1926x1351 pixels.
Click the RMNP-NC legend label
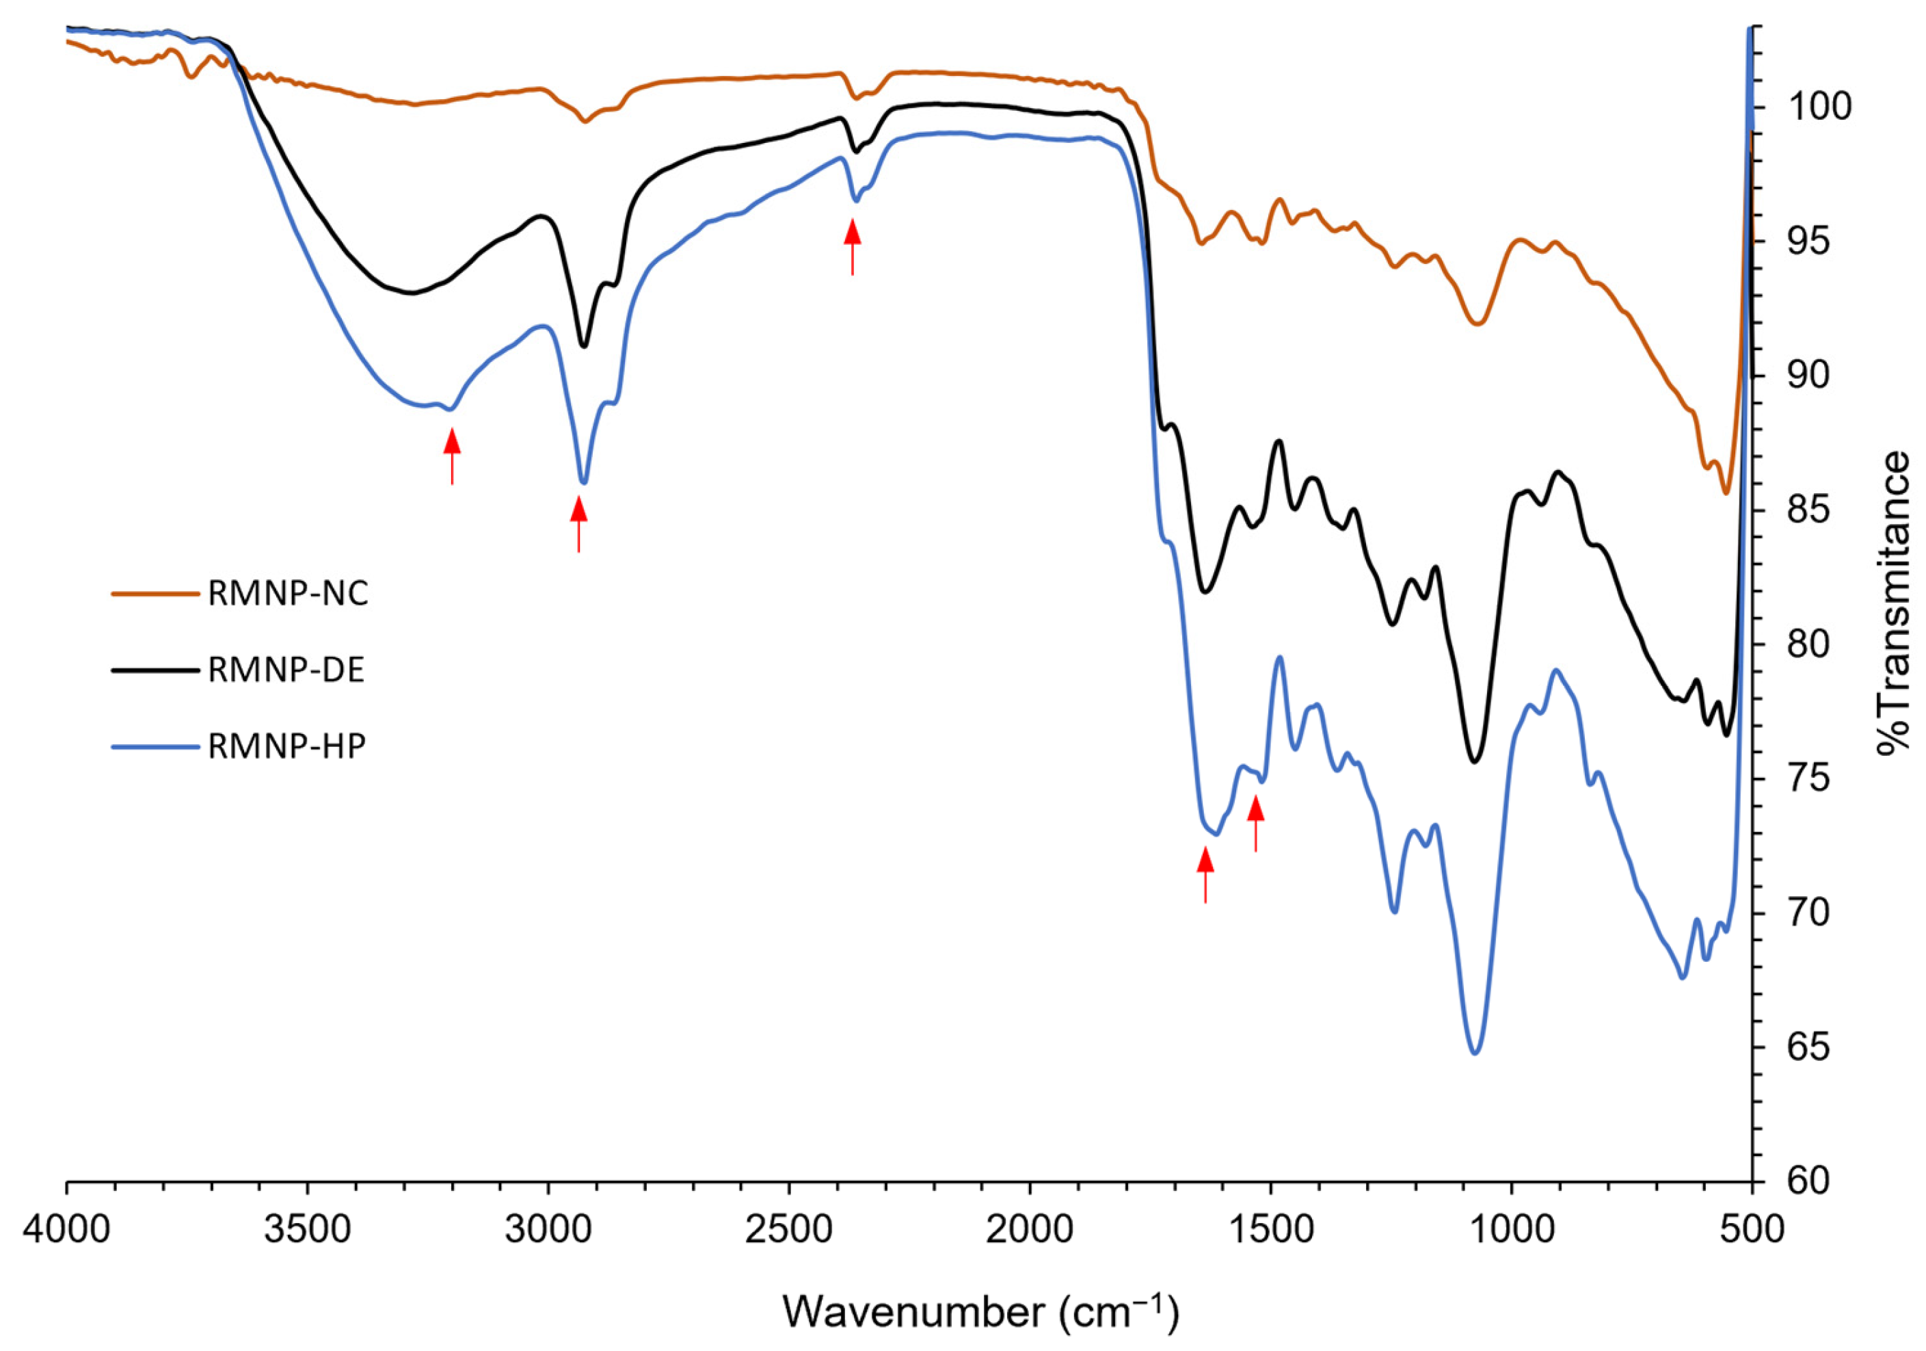(288, 594)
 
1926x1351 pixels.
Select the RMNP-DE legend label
(286, 670)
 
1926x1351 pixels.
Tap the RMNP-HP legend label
(287, 746)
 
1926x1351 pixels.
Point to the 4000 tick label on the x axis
(66, 1230)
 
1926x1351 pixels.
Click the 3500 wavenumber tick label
(307, 1230)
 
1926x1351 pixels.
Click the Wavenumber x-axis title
(980, 1311)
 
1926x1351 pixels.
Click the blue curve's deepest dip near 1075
(1475, 1052)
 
